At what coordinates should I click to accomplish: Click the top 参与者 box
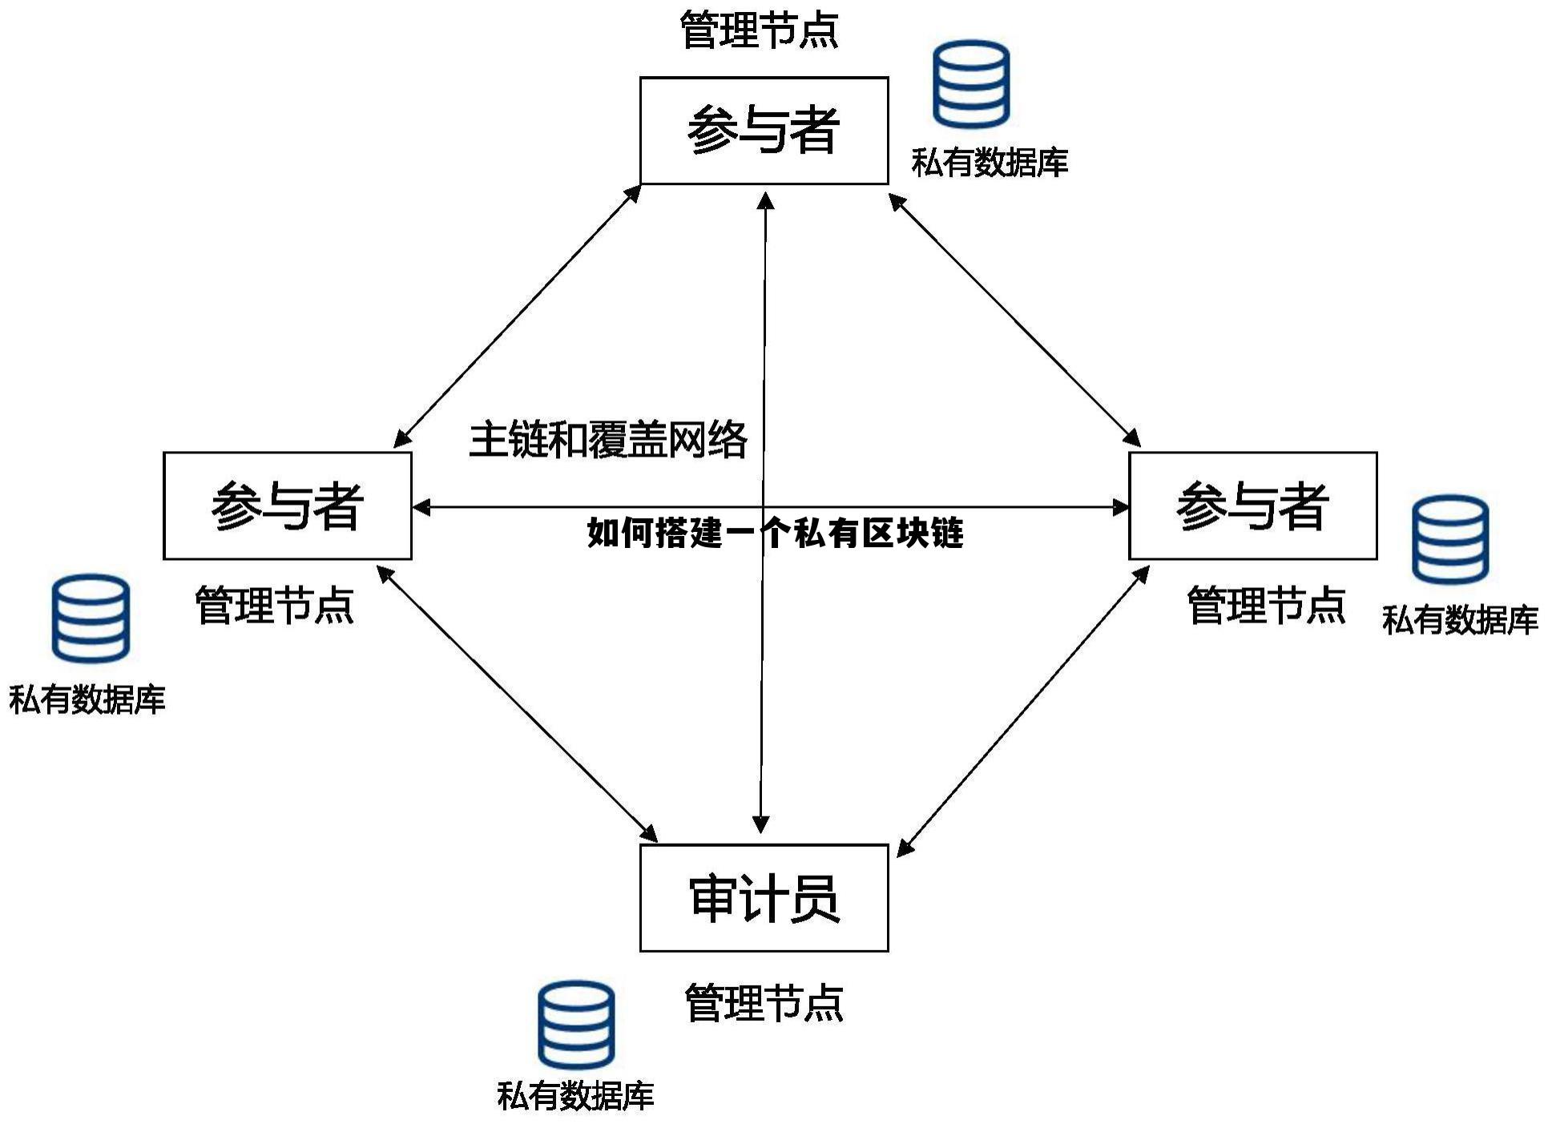point(764,131)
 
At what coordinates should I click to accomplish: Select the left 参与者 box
point(287,506)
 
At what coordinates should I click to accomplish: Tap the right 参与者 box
point(1252,506)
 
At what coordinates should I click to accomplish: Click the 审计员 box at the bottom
point(764,897)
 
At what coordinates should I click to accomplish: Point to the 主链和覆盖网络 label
point(607,440)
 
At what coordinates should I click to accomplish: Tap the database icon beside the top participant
point(970,84)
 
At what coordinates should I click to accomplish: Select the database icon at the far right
point(1449,539)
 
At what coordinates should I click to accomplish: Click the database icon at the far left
point(91,618)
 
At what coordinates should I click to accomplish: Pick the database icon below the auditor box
point(576,1025)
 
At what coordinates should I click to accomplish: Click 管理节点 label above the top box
point(758,30)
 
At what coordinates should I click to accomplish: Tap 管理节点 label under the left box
point(274,605)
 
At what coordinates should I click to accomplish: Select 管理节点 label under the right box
point(1265,605)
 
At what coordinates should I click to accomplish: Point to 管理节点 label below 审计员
point(764,1002)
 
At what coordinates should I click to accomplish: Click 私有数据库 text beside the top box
point(990,163)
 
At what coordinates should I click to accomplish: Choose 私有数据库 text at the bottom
point(575,1095)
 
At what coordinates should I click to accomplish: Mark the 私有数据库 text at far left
point(87,699)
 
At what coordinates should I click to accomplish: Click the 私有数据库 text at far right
point(1459,620)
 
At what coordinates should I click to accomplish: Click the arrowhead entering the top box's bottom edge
point(766,200)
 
